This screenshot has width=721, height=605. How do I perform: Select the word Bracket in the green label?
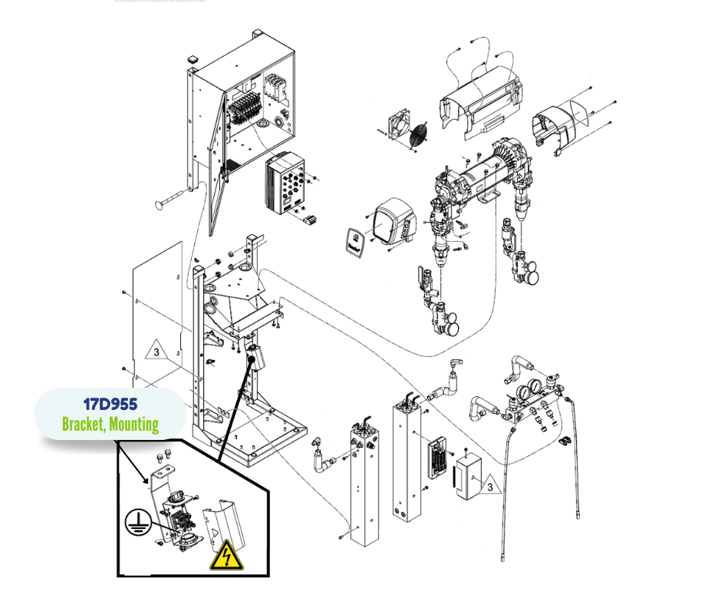[x=83, y=424]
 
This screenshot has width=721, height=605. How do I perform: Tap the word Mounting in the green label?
[x=133, y=424]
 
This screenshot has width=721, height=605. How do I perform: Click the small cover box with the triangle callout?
[x=467, y=481]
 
